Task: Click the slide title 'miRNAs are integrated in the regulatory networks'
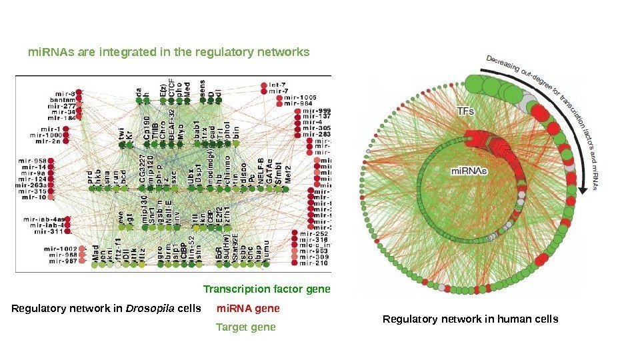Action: pyautogui.click(x=168, y=51)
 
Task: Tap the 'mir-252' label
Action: pyautogui.click(x=313, y=235)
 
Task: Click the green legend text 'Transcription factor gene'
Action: pyautogui.click(x=267, y=289)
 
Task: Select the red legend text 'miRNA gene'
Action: pyautogui.click(x=248, y=309)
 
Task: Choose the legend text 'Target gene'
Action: pyautogui.click(x=245, y=328)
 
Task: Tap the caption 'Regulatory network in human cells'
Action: pyautogui.click(x=470, y=319)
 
